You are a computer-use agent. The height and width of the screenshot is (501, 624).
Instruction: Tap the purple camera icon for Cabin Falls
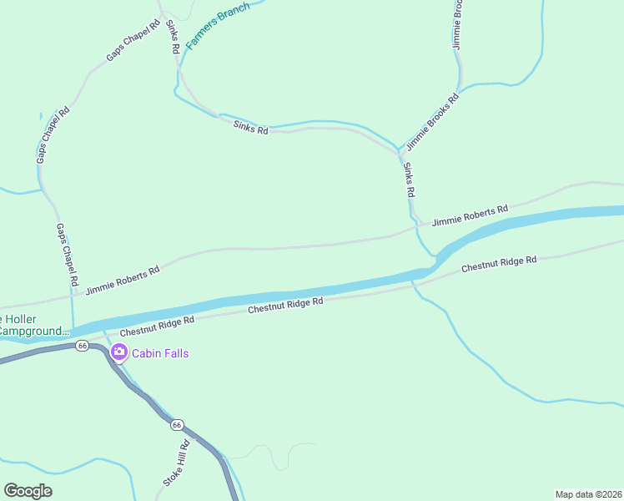[119, 352]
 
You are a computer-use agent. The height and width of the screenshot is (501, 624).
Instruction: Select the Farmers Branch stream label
[217, 27]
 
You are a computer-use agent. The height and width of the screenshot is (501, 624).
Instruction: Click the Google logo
[28, 491]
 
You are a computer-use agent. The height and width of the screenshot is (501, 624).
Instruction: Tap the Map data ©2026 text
[588, 494]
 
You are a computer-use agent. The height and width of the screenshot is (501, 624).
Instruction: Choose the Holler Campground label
[33, 326]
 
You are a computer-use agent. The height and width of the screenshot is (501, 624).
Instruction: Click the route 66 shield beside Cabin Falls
[81, 345]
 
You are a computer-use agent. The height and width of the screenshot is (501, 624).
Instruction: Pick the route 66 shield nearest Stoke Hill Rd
[177, 425]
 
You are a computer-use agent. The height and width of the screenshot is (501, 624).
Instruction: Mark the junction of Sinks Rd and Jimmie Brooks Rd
[401, 154]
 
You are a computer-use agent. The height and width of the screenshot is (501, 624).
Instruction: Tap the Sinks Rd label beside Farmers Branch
[172, 36]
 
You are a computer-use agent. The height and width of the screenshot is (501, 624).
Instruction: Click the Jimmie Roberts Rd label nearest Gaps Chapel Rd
[122, 281]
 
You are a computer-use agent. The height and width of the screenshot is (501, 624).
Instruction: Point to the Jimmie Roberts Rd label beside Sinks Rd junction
[470, 215]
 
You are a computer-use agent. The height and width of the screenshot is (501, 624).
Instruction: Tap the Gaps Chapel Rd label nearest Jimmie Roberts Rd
[67, 252]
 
